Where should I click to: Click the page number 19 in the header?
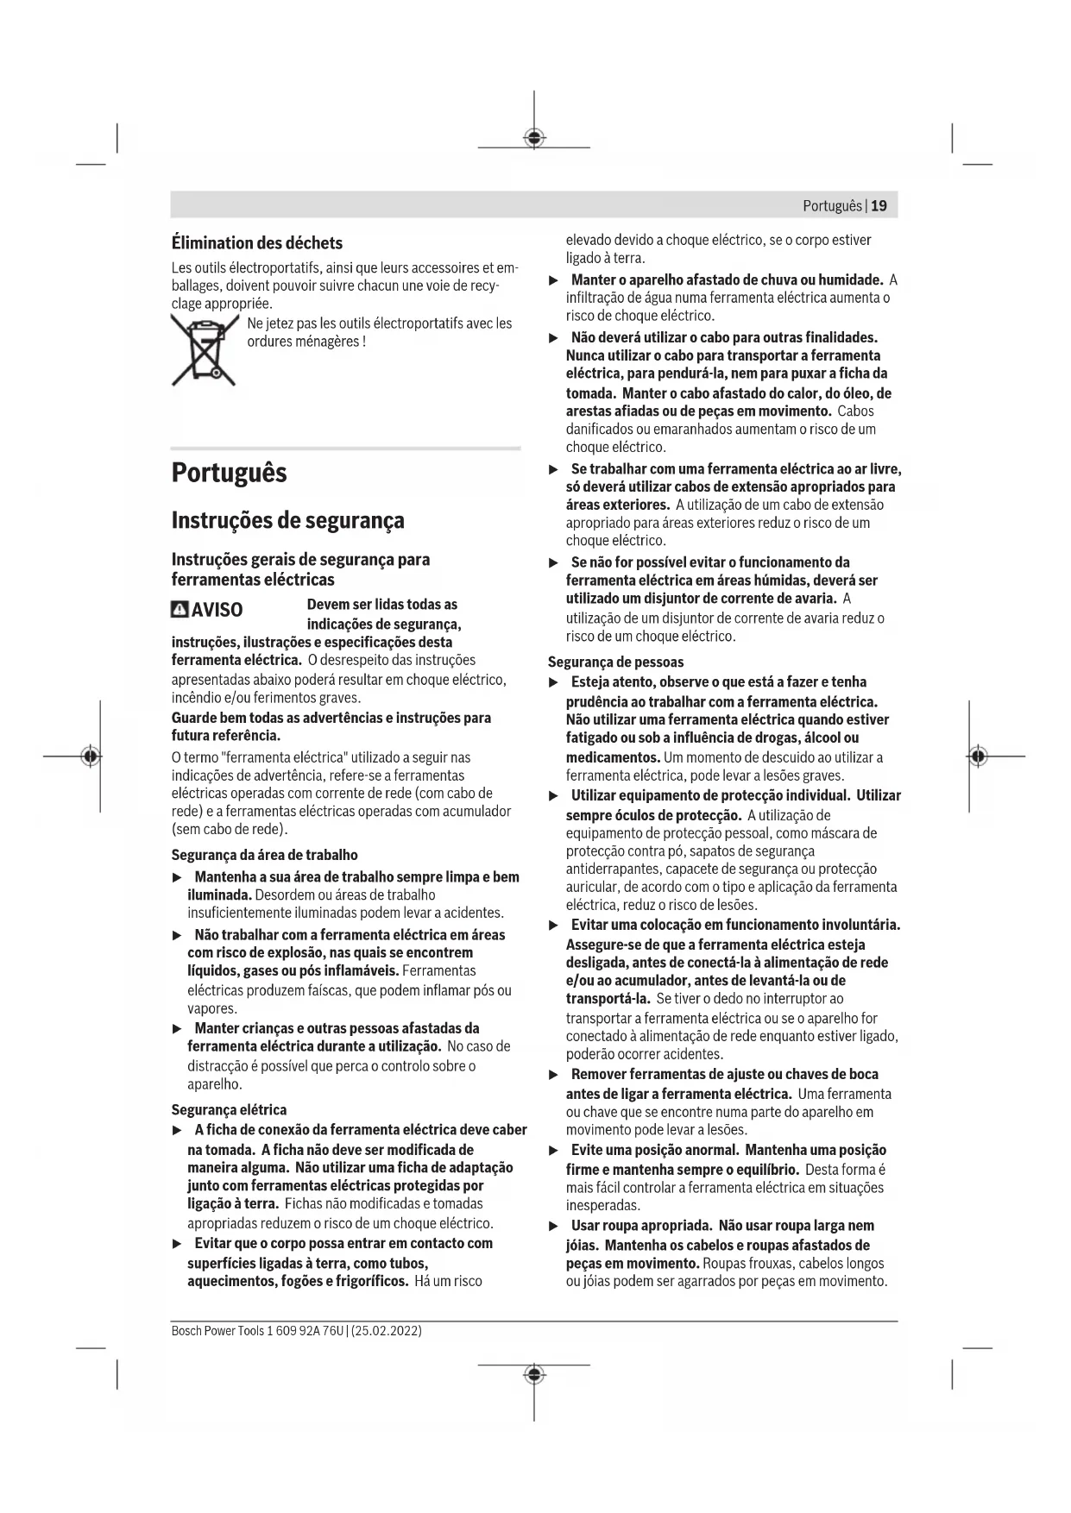point(879,205)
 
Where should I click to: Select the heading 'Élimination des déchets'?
point(256,242)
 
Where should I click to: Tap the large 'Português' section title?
point(229,473)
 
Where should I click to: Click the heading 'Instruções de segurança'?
point(287,520)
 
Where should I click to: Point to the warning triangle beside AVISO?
point(180,610)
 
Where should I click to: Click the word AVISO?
point(217,610)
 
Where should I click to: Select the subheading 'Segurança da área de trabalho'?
point(264,855)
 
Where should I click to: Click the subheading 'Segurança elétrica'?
point(229,1109)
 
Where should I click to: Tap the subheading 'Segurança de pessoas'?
point(615,662)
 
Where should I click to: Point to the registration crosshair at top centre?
point(534,138)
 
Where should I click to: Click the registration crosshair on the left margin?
point(91,756)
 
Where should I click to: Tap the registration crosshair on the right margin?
point(977,756)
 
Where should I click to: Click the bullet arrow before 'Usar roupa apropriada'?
point(554,1226)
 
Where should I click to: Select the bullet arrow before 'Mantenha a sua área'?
point(178,877)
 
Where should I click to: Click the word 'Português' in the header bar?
point(832,205)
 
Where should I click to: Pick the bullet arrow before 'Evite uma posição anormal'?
point(554,1151)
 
